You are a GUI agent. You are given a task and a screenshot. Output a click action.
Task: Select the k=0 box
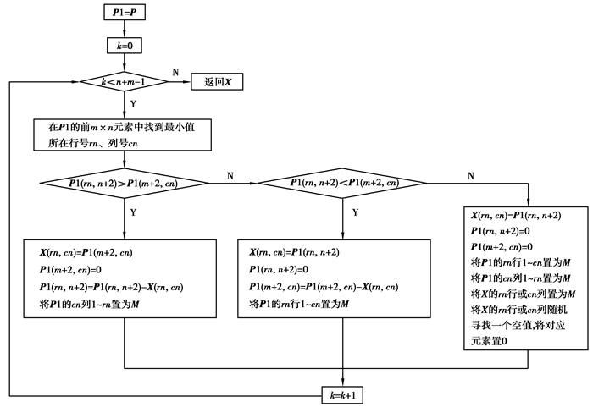(125, 46)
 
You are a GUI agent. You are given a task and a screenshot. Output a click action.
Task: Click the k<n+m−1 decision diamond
(125, 82)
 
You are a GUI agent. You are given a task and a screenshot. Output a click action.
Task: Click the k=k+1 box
(344, 393)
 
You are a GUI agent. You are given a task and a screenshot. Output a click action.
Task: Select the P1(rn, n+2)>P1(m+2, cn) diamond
(125, 183)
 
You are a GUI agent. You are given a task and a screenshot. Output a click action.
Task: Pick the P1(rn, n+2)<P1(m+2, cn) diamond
(344, 183)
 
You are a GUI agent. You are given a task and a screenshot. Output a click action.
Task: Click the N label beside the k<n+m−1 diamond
(175, 74)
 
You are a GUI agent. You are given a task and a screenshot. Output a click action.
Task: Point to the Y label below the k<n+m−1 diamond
(133, 105)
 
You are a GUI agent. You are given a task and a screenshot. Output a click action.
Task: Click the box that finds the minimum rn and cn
(119, 135)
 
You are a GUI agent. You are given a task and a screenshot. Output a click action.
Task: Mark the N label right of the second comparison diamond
(471, 175)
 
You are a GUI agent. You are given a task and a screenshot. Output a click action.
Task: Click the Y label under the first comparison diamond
(133, 213)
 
